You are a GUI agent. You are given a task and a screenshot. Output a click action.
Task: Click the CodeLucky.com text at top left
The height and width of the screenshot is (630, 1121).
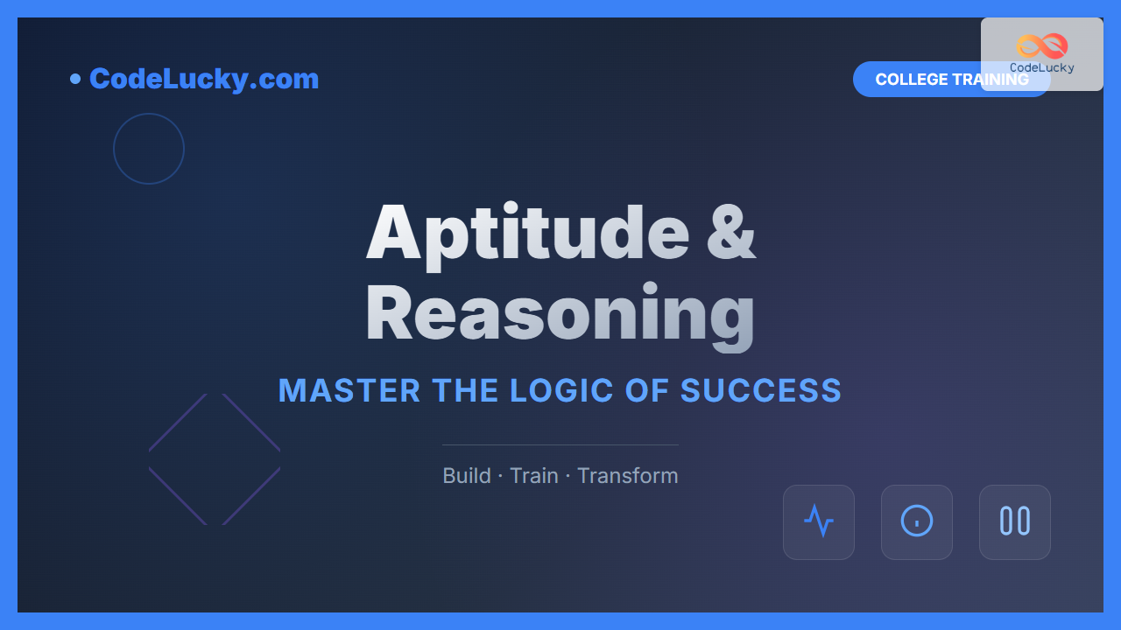click(204, 79)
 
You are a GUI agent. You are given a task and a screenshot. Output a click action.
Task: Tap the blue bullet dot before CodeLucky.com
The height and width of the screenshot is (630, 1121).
click(75, 79)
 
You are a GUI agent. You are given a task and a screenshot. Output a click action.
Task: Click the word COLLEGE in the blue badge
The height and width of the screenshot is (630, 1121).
click(912, 80)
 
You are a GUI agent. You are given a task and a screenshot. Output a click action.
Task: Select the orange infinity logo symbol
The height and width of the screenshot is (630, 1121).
click(1042, 45)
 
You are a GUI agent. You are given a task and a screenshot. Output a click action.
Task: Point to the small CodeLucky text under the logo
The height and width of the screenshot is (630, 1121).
click(1042, 67)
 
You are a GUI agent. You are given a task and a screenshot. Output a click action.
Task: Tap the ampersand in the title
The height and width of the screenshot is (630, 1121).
click(731, 232)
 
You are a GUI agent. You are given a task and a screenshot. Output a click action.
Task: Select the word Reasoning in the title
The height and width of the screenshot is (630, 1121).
click(560, 315)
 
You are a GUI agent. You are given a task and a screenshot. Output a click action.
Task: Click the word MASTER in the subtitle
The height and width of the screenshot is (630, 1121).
click(349, 390)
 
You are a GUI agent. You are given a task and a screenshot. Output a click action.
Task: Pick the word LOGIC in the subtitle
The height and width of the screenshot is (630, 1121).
click(561, 390)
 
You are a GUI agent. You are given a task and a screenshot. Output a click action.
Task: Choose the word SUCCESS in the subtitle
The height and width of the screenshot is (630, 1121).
click(761, 390)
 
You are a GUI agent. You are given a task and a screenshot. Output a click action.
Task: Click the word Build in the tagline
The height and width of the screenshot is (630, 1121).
click(467, 476)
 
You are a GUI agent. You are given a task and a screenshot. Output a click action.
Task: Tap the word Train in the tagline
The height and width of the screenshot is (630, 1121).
click(534, 476)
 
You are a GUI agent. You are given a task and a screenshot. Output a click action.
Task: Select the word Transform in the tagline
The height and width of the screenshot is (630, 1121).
click(628, 476)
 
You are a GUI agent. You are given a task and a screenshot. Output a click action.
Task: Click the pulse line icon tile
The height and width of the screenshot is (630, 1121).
click(819, 522)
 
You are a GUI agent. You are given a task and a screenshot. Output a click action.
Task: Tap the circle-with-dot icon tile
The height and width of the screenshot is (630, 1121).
click(917, 522)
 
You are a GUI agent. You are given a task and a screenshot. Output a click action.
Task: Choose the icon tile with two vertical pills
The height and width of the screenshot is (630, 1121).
click(1015, 522)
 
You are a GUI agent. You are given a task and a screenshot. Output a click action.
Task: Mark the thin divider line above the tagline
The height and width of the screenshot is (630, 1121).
click(560, 444)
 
